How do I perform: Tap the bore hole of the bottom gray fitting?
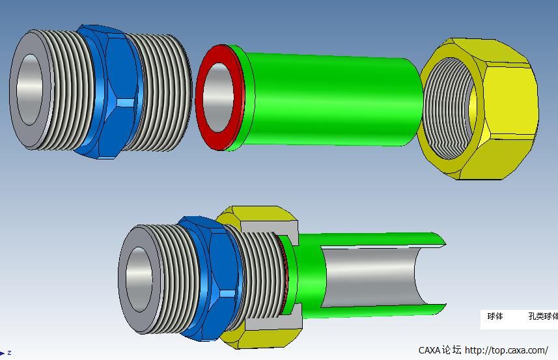(x=138, y=279)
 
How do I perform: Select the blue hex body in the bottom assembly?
(x=210, y=277)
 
